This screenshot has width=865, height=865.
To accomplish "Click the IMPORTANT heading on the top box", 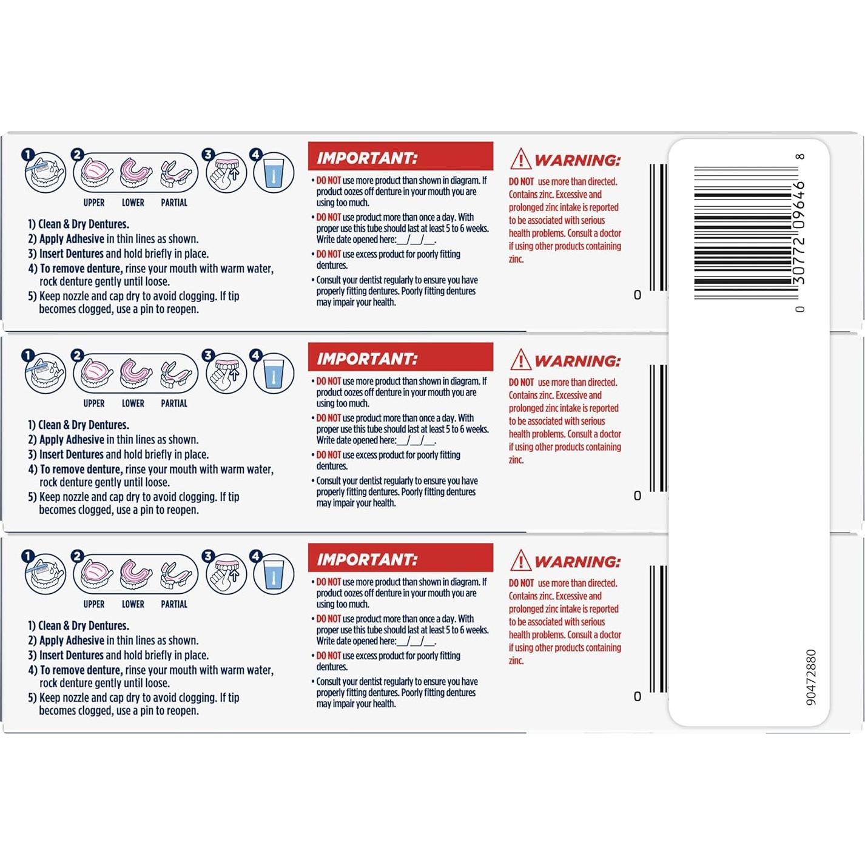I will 400,158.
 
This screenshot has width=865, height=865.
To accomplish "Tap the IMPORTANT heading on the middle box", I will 400,358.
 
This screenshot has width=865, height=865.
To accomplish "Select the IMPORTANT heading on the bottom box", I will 400,559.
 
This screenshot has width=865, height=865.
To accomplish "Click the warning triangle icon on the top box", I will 520,160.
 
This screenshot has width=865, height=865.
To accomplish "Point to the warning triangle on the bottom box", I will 520,561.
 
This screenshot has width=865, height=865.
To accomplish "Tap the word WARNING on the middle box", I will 577,362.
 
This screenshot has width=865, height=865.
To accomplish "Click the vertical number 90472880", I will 811,677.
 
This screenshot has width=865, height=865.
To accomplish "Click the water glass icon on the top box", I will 274,173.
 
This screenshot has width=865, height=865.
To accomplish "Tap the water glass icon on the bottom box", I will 274,574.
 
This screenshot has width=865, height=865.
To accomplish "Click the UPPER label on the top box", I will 94,203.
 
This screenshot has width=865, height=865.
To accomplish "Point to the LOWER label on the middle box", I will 133,403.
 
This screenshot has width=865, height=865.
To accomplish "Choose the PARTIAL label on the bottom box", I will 174,604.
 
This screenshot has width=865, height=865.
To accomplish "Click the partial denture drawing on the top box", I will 176,173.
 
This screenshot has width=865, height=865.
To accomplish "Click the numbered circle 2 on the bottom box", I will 77,556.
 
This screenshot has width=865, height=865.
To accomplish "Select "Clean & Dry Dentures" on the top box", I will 83,224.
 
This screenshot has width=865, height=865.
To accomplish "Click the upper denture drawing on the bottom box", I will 96,574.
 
